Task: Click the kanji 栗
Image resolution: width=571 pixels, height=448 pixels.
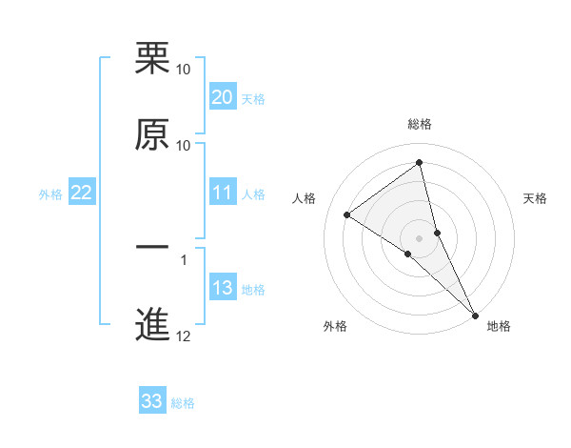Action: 153,59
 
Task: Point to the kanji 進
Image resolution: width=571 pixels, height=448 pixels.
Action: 153,323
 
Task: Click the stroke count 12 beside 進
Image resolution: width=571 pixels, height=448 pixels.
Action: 184,336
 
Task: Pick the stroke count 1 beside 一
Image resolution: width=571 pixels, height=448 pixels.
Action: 184,259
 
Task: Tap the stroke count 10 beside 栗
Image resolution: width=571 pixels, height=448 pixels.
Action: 184,71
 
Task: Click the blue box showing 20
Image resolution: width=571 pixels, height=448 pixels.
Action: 222,97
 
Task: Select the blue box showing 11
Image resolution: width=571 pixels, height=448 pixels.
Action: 222,193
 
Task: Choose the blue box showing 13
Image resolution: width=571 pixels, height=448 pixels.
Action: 222,289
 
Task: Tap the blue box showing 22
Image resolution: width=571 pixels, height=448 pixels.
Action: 81,193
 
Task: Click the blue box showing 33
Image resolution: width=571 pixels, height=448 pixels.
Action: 151,401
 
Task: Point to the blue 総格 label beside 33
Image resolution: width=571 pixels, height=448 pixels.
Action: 183,403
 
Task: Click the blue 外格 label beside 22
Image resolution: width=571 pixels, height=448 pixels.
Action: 50,194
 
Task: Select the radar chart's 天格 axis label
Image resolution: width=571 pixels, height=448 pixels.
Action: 536,198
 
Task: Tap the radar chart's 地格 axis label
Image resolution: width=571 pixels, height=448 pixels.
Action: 499,326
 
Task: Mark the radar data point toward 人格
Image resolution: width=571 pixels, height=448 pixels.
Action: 346,214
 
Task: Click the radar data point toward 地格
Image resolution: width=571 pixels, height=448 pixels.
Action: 475,315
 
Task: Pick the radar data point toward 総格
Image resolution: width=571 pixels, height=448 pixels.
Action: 420,163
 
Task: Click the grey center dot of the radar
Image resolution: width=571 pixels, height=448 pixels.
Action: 420,237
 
